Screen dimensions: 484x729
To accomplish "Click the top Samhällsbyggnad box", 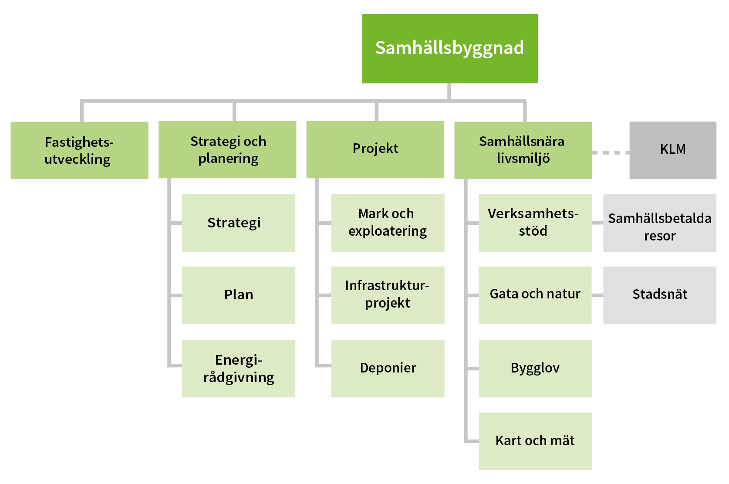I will (449, 48).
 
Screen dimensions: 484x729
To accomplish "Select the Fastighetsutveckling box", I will (79, 150).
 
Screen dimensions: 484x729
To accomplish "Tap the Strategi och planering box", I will (227, 150).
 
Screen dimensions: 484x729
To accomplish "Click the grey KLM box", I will (672, 150).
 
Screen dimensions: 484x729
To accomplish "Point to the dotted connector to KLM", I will (611, 152).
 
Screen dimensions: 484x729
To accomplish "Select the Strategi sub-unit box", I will (238, 223).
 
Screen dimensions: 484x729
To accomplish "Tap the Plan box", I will (238, 295).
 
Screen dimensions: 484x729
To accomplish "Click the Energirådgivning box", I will (238, 368).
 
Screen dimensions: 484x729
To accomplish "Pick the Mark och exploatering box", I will (388, 223).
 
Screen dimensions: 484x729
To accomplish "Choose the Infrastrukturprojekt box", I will (388, 295).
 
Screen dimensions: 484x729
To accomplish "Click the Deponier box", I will (388, 368).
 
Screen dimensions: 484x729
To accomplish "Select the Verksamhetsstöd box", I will (535, 223).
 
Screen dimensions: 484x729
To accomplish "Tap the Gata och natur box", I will (535, 295).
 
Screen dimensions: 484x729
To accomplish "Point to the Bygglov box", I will (535, 368).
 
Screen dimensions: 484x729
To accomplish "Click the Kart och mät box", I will (535, 441).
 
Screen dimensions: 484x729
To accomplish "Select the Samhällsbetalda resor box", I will (659, 223).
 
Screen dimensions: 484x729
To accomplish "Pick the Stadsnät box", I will (659, 295).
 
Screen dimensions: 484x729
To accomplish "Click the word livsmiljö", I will (523, 159).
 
